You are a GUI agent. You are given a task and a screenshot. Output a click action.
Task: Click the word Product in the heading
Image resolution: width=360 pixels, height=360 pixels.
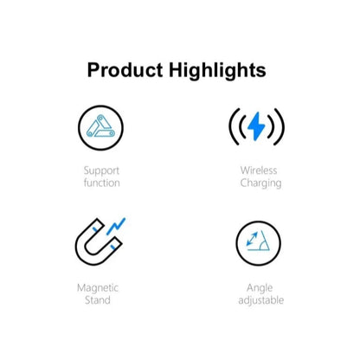pyautogui.click(x=125, y=70)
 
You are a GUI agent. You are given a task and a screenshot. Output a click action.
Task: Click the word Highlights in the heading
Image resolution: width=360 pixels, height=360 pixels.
pyautogui.click(x=214, y=70)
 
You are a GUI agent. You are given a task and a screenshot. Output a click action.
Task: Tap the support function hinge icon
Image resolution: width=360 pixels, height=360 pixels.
pyautogui.click(x=101, y=126)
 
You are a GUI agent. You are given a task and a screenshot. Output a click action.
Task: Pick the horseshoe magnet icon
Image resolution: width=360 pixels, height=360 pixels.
pyautogui.click(x=98, y=241)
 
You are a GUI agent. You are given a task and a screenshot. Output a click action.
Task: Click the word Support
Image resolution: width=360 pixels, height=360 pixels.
pyautogui.click(x=102, y=170)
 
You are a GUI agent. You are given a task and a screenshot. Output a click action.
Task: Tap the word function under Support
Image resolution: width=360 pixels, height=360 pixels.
pyautogui.click(x=102, y=183)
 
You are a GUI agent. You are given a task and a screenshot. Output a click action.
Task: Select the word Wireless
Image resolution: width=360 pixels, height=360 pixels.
pyautogui.click(x=260, y=170)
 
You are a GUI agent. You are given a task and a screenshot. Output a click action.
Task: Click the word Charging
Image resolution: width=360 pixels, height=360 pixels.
pyautogui.click(x=260, y=183)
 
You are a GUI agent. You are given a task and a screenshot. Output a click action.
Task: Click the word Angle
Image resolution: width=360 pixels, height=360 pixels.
pyautogui.click(x=260, y=287)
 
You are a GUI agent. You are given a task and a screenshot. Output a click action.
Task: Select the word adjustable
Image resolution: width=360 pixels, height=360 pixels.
pyautogui.click(x=260, y=300)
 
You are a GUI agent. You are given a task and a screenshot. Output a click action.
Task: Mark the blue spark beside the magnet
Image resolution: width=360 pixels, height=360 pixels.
pyautogui.click(x=117, y=226)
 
